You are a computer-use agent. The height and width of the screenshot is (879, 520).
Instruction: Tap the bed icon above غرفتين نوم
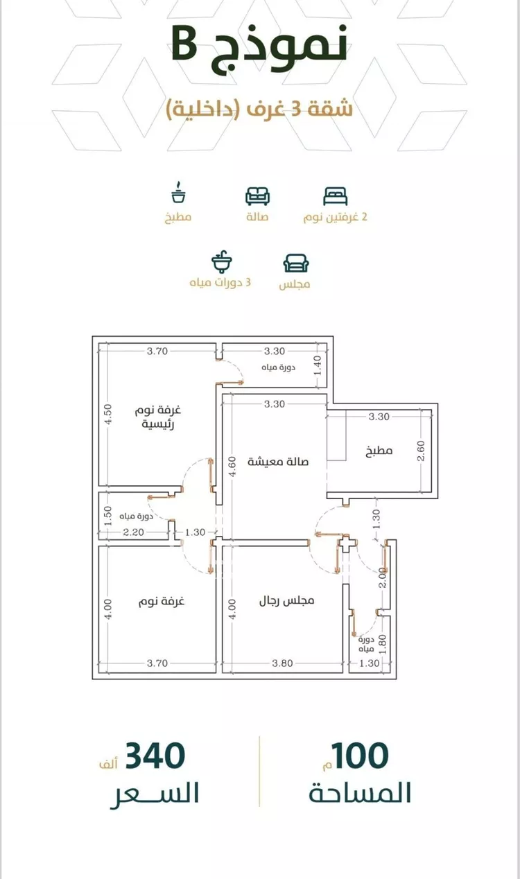[x=335, y=196]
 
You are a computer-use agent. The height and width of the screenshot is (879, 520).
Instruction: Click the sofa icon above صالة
[x=257, y=196]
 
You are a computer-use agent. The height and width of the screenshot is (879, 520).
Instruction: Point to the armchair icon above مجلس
[x=296, y=263]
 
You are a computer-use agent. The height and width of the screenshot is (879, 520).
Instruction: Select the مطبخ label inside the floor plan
[x=379, y=451]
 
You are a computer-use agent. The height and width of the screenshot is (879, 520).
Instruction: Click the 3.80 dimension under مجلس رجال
[x=283, y=663]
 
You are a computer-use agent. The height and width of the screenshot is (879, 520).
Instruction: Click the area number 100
[x=360, y=756]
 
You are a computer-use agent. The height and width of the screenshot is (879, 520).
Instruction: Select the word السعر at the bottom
[x=155, y=792]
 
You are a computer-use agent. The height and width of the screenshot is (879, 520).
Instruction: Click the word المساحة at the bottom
[x=360, y=792]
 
